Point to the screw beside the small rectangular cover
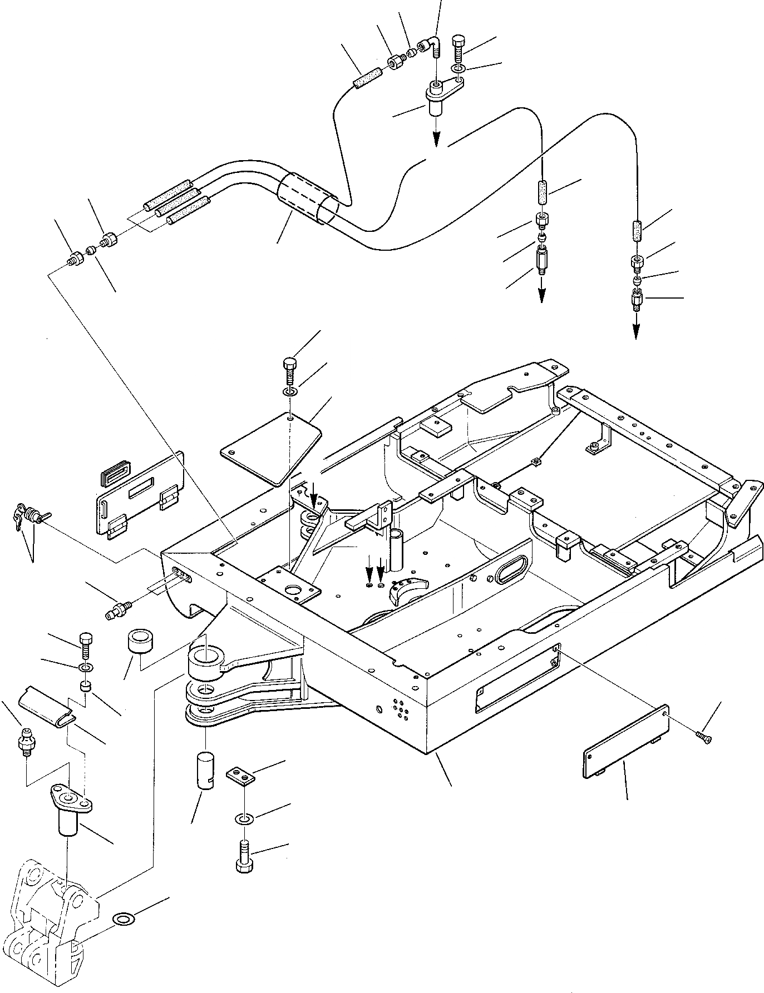tap(704, 737)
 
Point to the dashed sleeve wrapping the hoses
tap(308, 198)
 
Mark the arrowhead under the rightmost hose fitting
tap(635, 332)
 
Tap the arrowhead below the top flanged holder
tap(436, 138)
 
